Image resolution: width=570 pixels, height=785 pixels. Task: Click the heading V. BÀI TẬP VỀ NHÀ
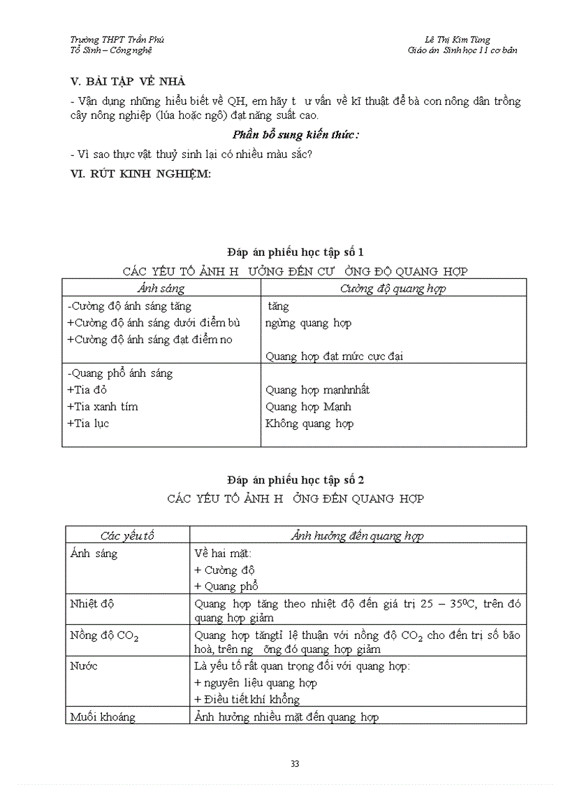pos(128,83)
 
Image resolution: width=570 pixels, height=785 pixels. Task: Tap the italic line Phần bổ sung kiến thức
pos(295,135)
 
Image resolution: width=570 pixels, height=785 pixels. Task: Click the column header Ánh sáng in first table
pos(161,288)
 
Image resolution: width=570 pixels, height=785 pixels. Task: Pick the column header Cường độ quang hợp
pos(393,288)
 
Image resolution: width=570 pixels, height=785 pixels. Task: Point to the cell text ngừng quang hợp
pos(308,323)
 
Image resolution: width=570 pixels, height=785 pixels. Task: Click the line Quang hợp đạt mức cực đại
pos(334,357)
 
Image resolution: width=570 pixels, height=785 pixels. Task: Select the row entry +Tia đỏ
pos(87,390)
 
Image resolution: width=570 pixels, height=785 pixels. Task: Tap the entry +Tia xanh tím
pos(103,407)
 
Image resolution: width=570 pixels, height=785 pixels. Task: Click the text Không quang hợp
pos(309,424)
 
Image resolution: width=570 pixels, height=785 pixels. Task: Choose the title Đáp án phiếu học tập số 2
pos(295,480)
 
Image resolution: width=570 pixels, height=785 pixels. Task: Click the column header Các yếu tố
pos(127,536)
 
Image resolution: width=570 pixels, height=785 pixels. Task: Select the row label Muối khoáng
pos(103,716)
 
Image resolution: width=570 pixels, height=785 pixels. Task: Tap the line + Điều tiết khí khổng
pos(247,700)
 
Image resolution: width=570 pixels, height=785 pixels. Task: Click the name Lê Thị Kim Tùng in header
pos(458,40)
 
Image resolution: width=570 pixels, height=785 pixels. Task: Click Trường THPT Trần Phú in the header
pos(117,40)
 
